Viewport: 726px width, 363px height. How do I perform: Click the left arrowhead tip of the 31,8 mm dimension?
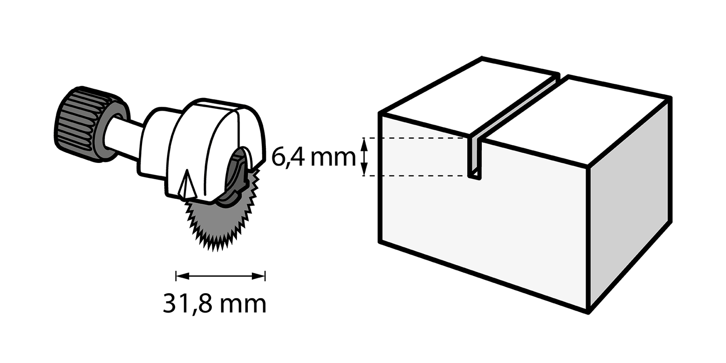(x=177, y=276)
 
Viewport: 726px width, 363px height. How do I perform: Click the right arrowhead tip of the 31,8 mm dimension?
(x=265, y=276)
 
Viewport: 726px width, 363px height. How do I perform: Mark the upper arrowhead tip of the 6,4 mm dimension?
(x=365, y=138)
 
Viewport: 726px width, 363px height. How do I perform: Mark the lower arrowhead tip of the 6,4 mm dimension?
(x=365, y=176)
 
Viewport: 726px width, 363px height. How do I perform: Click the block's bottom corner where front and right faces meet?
(x=588, y=313)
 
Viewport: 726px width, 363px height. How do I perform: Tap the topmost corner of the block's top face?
(x=482, y=59)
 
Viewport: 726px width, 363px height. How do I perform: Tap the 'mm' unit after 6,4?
(x=333, y=159)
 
